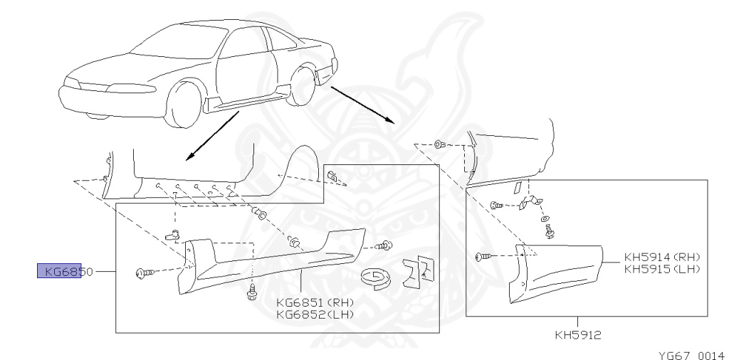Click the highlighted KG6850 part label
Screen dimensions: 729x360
(x=60, y=271)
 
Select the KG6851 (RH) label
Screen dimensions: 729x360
(x=315, y=301)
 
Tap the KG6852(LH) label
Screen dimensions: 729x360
(x=315, y=312)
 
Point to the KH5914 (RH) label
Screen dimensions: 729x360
(x=662, y=258)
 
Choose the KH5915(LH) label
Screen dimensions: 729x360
(x=662, y=269)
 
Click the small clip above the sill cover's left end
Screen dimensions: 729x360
(x=171, y=234)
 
